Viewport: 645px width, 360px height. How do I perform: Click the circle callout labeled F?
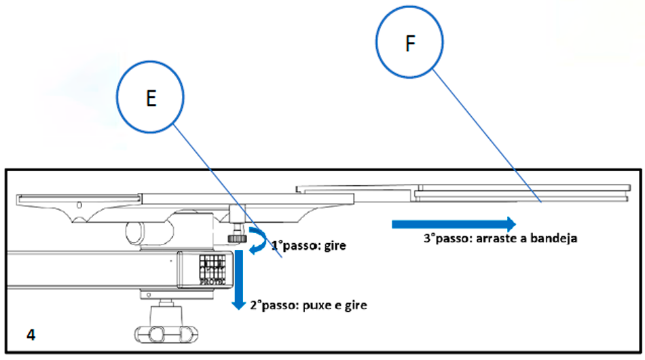(409, 43)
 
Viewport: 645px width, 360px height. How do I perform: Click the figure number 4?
(31, 335)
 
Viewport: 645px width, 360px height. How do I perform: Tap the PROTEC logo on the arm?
(211, 268)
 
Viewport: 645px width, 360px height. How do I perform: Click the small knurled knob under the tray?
(235, 237)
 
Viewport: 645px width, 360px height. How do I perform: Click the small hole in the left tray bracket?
(80, 204)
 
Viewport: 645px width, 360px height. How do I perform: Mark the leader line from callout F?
(485, 136)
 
